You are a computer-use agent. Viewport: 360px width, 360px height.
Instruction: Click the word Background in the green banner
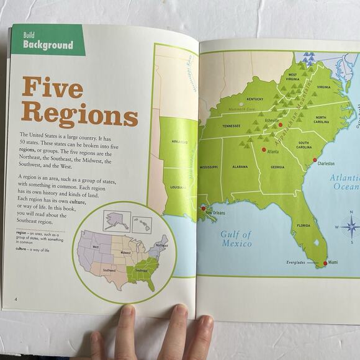pyautogui.click(x=48, y=45)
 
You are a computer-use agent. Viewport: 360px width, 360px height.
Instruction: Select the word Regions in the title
pyautogui.click(x=79, y=115)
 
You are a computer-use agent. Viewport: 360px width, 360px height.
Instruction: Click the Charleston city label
pyautogui.click(x=326, y=164)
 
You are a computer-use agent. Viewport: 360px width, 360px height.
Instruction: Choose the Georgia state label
pyautogui.click(x=277, y=167)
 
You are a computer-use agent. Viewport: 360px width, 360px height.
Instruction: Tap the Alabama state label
pyautogui.click(x=240, y=167)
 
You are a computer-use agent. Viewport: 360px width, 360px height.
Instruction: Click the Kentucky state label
pyautogui.click(x=254, y=99)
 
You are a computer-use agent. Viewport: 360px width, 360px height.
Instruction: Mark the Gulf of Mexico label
pyautogui.click(x=236, y=239)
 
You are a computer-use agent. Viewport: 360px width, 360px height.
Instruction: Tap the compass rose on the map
pyautogui.click(x=350, y=225)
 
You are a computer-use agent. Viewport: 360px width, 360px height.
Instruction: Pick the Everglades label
pyautogui.click(x=296, y=263)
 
